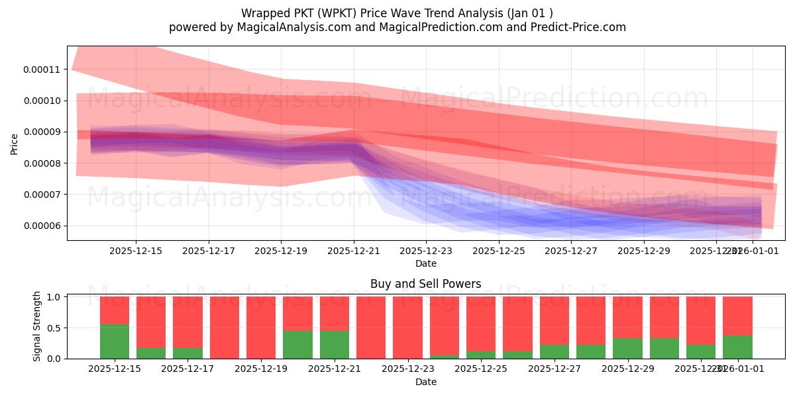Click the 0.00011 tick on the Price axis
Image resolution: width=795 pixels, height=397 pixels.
(x=42, y=69)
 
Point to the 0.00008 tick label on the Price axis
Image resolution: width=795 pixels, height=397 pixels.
(x=42, y=163)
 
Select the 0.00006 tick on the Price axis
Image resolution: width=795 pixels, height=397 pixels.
(x=42, y=226)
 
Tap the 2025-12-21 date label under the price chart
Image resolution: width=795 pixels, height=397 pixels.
(x=353, y=251)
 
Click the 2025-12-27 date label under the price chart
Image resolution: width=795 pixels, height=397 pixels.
(x=570, y=251)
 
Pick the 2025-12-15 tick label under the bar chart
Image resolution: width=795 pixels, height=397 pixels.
(x=115, y=369)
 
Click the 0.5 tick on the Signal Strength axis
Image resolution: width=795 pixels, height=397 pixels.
(x=54, y=328)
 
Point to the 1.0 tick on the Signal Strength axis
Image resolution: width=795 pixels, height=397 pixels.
(x=54, y=297)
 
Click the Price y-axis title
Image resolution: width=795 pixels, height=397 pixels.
(x=15, y=144)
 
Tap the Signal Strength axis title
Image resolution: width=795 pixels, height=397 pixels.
(x=37, y=326)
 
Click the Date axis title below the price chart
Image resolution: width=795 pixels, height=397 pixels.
(x=425, y=263)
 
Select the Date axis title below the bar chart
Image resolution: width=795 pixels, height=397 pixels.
(x=425, y=382)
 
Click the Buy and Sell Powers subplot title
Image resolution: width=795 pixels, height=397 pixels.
(x=425, y=284)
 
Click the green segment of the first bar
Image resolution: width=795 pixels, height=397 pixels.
(x=115, y=341)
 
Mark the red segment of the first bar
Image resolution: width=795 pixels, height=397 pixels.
(x=115, y=310)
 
